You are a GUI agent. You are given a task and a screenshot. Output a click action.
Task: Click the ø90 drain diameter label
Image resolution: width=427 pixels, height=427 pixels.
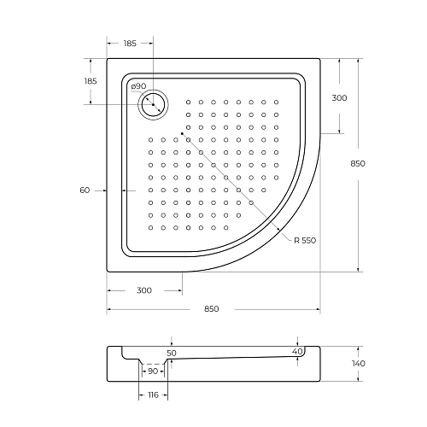[x=138, y=86]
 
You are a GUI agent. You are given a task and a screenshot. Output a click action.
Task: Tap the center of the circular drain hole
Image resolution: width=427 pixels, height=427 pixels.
[x=153, y=104]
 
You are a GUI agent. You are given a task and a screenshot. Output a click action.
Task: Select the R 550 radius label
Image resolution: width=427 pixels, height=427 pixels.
[x=304, y=239]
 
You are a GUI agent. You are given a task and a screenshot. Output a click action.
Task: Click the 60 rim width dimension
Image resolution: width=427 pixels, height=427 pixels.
[x=85, y=190]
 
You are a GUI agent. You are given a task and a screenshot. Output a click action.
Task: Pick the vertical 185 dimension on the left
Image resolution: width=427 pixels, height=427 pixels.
[x=91, y=80]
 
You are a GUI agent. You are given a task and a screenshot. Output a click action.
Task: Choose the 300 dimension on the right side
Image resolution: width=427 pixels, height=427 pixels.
[x=339, y=98]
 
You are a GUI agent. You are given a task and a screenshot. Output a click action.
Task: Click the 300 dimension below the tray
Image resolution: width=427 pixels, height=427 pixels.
[x=143, y=290]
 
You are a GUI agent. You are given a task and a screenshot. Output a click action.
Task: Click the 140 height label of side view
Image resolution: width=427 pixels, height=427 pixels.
[x=358, y=363]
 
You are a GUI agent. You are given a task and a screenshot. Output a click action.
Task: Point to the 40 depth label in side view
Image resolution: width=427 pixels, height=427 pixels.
[x=296, y=351]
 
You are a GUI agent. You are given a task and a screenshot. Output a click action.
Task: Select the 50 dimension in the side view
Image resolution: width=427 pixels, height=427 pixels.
[x=171, y=352]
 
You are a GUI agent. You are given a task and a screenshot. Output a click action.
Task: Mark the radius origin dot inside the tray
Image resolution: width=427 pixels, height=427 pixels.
[x=181, y=132]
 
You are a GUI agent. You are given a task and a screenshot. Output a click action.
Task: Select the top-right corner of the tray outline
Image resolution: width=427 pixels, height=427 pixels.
[x=320, y=58]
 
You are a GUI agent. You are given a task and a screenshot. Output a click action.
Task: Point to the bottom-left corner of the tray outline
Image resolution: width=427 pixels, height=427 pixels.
[x=107, y=272]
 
